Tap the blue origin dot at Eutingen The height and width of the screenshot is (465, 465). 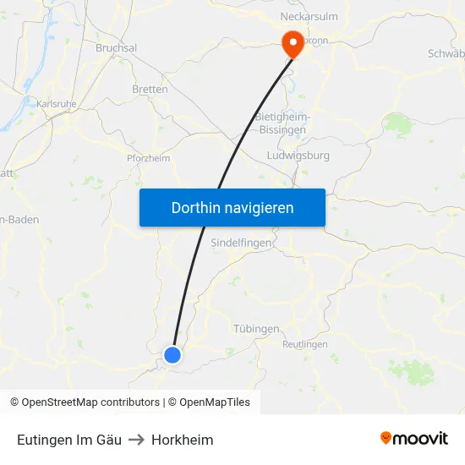[172, 355]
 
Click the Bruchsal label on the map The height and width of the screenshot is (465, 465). [116, 48]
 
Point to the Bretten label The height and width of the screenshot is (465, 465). [150, 89]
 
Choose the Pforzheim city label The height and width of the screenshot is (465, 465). [148, 158]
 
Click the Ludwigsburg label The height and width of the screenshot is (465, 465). [298, 156]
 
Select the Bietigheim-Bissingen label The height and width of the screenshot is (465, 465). [282, 123]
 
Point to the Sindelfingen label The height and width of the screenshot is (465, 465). [241, 243]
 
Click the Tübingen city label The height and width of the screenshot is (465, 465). [255, 328]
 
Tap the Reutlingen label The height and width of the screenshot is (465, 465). [304, 344]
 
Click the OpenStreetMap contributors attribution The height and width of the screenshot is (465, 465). [85, 402]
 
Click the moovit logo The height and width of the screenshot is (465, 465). [414, 438]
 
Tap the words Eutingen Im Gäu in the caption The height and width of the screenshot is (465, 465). [69, 440]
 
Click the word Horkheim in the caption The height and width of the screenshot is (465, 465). [183, 440]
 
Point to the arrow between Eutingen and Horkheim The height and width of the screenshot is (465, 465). [136, 440]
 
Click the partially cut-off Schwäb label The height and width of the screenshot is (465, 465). [446, 53]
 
